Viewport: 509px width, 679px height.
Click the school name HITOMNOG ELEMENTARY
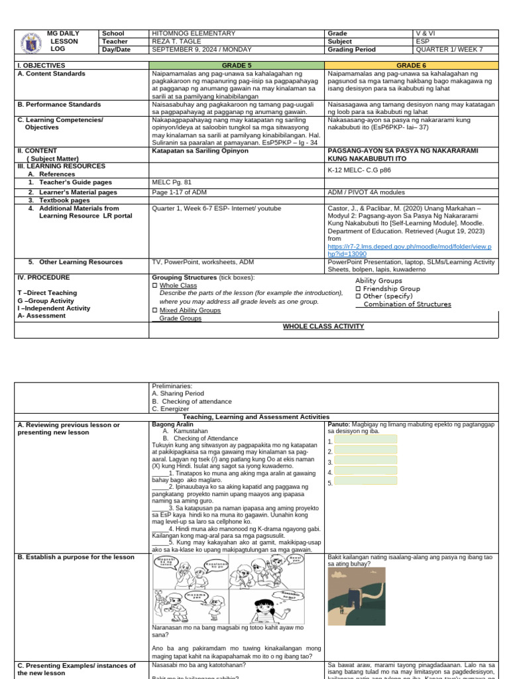point(194,33)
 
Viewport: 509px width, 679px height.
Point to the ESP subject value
point(421,41)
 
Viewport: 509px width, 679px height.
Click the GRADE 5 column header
point(236,66)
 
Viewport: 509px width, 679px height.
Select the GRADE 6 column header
point(412,66)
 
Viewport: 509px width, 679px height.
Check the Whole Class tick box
point(154,286)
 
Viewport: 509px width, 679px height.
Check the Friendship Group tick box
point(359,289)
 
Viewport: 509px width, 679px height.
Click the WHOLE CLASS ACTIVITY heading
point(323,326)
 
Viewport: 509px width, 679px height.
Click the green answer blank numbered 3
point(366,462)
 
